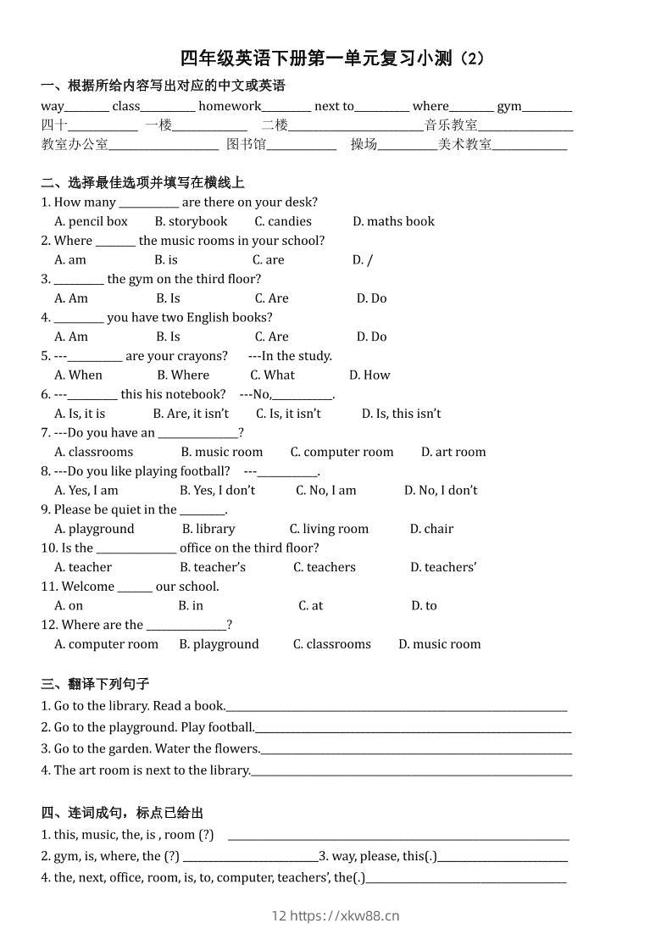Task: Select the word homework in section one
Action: point(230,106)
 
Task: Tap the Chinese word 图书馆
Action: point(246,144)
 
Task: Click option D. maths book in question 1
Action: point(393,221)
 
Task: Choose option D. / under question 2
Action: point(363,260)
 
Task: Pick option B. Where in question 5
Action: point(183,375)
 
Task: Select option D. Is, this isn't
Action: point(401,414)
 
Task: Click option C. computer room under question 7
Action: point(342,452)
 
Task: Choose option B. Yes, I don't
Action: point(217,490)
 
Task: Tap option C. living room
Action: point(329,529)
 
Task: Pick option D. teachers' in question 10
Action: point(443,567)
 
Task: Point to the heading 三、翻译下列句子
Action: point(95,683)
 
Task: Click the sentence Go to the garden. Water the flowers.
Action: point(157,748)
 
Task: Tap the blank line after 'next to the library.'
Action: point(411,771)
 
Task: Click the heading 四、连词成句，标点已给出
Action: point(122,812)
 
